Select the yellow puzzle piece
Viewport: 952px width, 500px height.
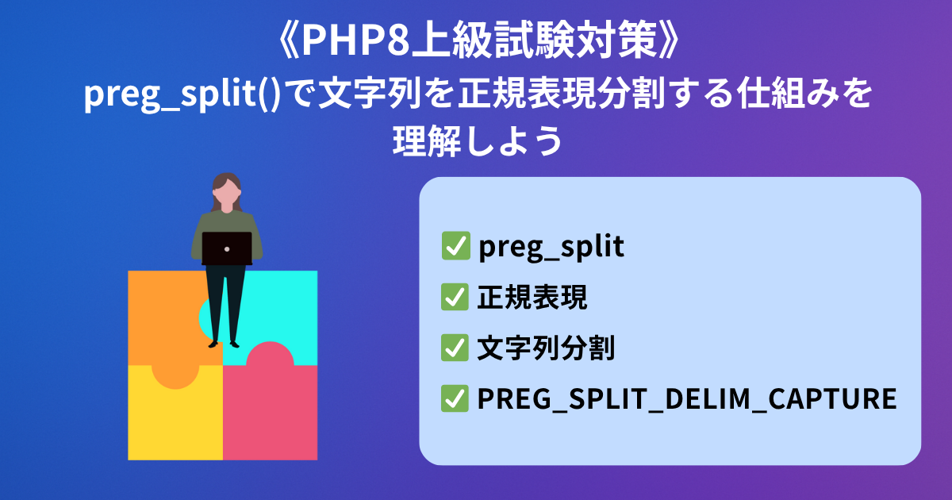pyautogui.click(x=175, y=421)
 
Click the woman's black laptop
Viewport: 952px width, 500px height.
pyautogui.click(x=227, y=248)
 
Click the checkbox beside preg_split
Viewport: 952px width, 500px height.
pyautogui.click(x=455, y=246)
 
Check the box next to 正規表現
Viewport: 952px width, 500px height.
pyautogui.click(x=455, y=297)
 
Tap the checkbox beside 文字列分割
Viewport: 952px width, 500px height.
pyautogui.click(x=455, y=348)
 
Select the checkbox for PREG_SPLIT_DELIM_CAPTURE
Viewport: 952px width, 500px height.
pyautogui.click(x=455, y=398)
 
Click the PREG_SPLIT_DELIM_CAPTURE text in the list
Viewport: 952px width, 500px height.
pyautogui.click(x=687, y=398)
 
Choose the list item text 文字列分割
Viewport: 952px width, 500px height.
pyautogui.click(x=546, y=348)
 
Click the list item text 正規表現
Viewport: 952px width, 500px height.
pyautogui.click(x=532, y=297)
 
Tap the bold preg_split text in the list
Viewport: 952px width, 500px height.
pyautogui.click(x=551, y=247)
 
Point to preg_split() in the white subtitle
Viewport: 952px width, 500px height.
pyautogui.click(x=182, y=94)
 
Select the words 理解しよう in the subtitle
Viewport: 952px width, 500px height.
pyautogui.click(x=478, y=140)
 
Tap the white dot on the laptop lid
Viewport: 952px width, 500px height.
pyautogui.click(x=227, y=249)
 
